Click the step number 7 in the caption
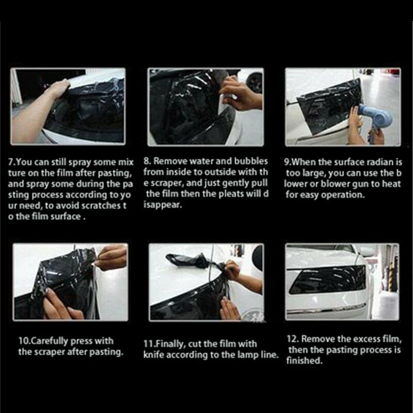pos(10,162)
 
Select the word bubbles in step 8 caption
pos(251,161)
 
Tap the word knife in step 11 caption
pos(154,355)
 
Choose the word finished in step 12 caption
pos(304,361)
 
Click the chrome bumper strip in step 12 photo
pos(326,309)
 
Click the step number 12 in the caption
pos(292,339)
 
